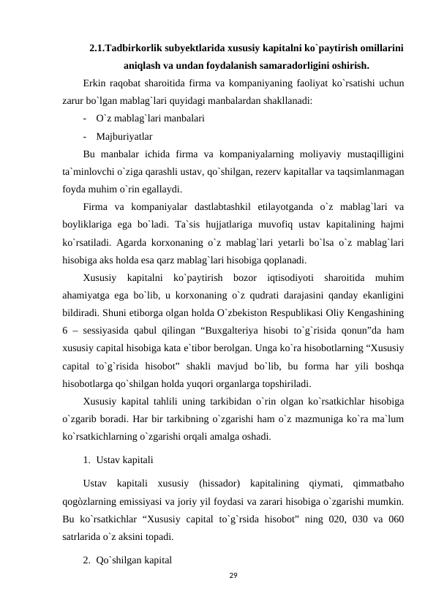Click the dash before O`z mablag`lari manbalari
point(86,118)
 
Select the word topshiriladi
point(285,383)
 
